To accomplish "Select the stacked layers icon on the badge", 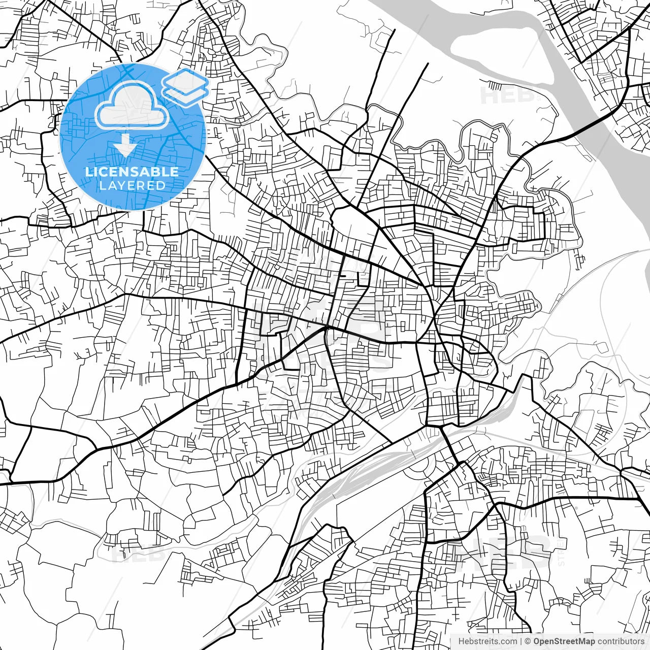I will (185, 86).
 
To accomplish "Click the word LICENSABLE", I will (132, 172).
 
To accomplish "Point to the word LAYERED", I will (132, 185).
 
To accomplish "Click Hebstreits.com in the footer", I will (487, 642).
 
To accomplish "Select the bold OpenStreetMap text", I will (564, 642).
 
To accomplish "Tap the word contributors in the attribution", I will (621, 642).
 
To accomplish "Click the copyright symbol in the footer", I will (528, 642).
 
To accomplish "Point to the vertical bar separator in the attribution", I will (522, 642).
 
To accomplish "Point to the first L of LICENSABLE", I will (88, 172).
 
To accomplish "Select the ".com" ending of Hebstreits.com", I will (508, 642).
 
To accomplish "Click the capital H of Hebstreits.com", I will (461, 642).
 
